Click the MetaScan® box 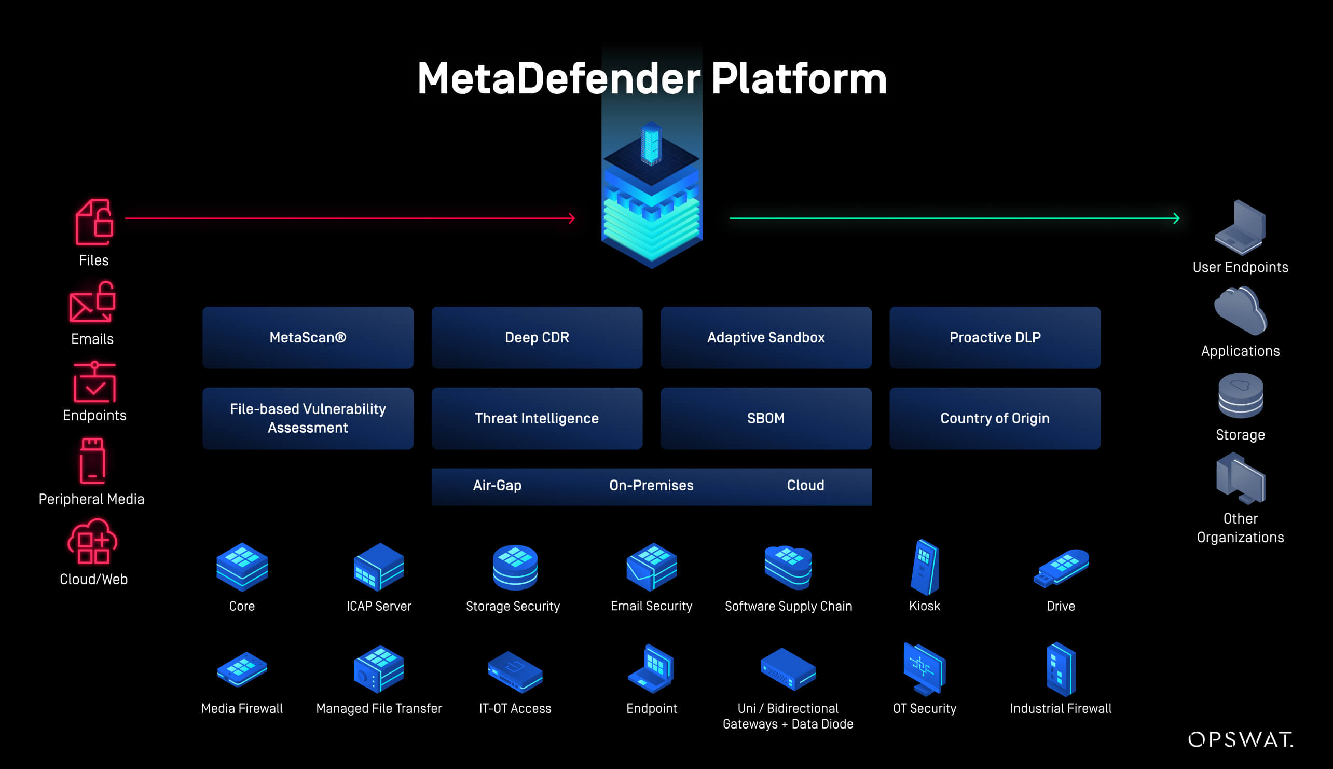[x=307, y=337]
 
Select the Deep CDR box [x=537, y=337]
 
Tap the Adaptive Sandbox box [x=765, y=337]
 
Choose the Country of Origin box [x=995, y=418]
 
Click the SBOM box [x=765, y=418]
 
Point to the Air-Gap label [x=497, y=485]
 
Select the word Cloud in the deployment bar [x=805, y=485]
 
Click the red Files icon [x=94, y=223]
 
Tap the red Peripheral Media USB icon [x=92, y=461]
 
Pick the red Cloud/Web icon [x=93, y=542]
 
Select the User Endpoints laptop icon [x=1240, y=228]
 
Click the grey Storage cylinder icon [x=1240, y=396]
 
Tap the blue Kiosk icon [x=924, y=567]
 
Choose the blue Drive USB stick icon [x=1061, y=568]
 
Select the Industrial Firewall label [x=1061, y=709]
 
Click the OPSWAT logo [x=1240, y=739]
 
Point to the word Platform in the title [x=799, y=79]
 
